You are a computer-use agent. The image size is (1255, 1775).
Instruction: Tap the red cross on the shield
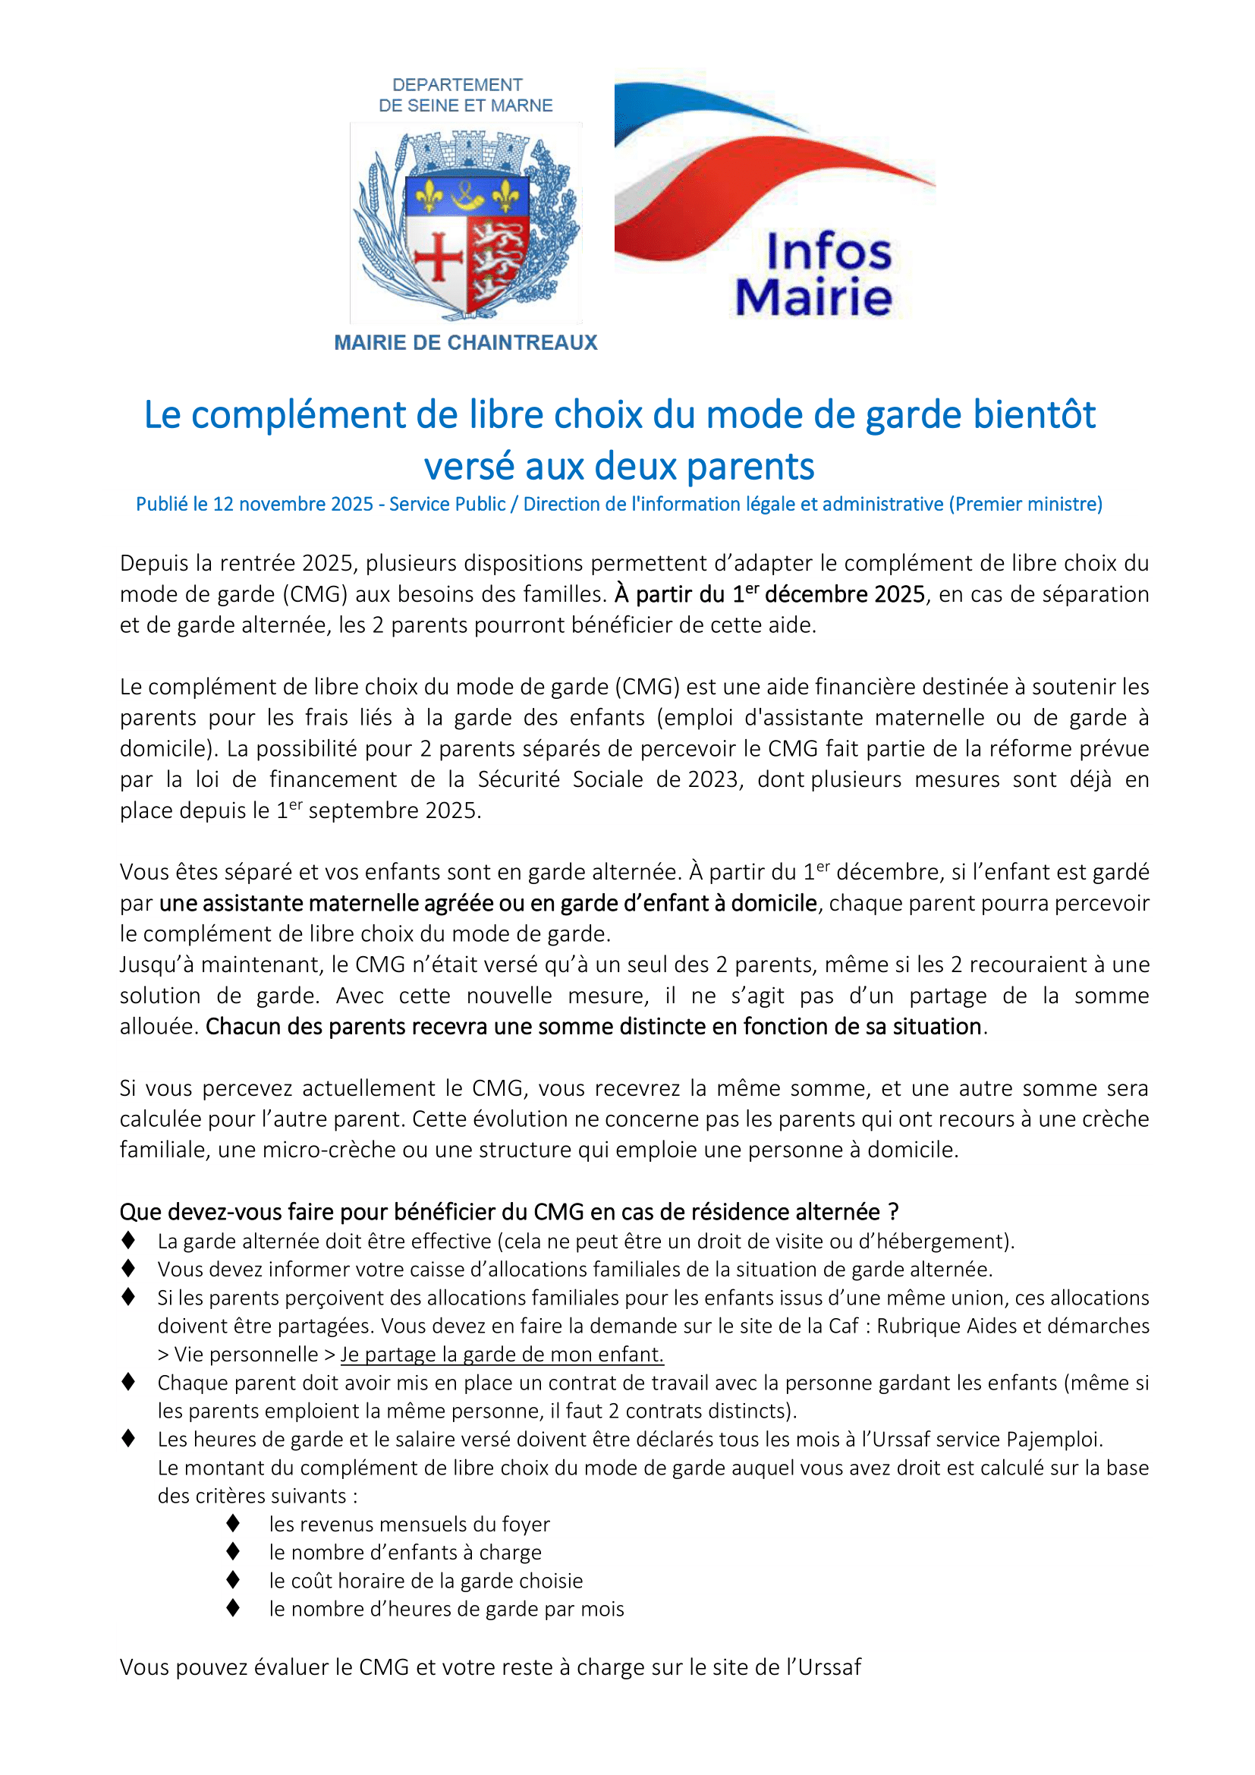(438, 256)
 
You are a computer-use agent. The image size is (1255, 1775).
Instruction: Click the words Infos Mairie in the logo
(814, 275)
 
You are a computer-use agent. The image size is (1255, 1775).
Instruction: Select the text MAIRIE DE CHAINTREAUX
(465, 342)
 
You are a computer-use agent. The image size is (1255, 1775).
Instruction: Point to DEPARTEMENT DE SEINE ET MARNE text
(465, 95)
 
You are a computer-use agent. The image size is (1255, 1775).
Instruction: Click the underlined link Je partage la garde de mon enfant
(502, 1354)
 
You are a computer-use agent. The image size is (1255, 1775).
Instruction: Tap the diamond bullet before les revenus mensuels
(234, 1523)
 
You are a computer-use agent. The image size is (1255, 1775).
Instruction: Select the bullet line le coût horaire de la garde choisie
(426, 1580)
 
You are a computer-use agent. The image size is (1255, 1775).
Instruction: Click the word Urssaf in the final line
(829, 1666)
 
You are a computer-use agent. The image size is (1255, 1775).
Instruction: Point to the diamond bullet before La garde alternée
(128, 1240)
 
